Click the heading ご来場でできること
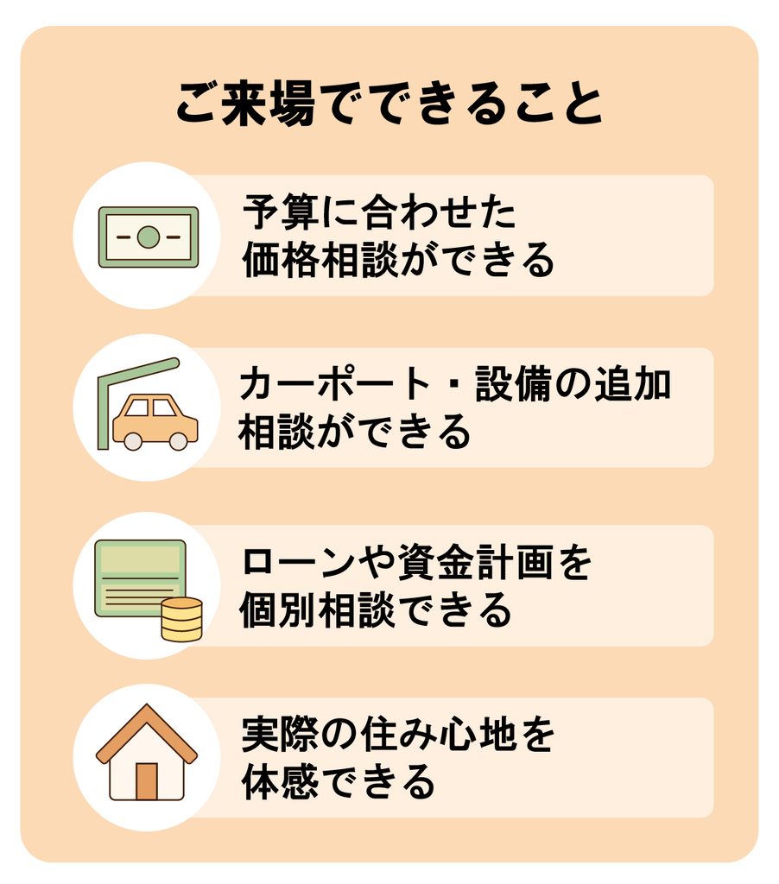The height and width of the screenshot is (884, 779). pos(389,104)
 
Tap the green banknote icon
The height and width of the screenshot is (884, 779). pos(149,237)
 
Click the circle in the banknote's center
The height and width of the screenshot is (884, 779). pos(149,237)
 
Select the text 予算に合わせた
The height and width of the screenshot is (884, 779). pos(379,212)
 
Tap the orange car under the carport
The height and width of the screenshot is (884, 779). pos(155,422)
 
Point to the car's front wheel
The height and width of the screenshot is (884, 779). pos(132,441)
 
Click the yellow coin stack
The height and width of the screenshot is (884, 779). pos(181,620)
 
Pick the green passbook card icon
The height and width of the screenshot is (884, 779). pos(141,578)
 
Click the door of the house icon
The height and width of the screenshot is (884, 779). pos(147,781)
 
